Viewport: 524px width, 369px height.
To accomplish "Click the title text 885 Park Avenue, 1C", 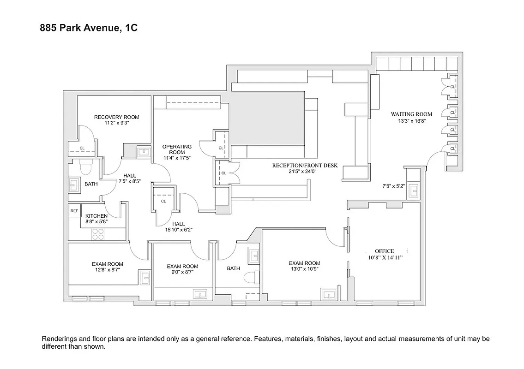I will click(89, 29).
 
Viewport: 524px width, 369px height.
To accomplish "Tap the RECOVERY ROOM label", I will click(116, 117).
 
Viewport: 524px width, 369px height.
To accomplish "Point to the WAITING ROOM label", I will click(411, 114).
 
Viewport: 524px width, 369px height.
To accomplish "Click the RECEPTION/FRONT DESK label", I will click(304, 165).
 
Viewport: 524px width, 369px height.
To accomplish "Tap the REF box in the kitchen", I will click(74, 211).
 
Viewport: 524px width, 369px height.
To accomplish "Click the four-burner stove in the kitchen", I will click(98, 234).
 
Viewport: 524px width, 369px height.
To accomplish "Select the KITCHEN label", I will click(96, 216).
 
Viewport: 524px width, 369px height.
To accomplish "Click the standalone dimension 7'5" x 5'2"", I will click(393, 186).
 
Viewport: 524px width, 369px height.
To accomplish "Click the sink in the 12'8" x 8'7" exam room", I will click(145, 278).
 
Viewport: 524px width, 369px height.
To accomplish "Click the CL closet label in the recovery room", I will click(82, 148).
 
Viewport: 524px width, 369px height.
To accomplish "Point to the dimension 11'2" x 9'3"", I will click(116, 123).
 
